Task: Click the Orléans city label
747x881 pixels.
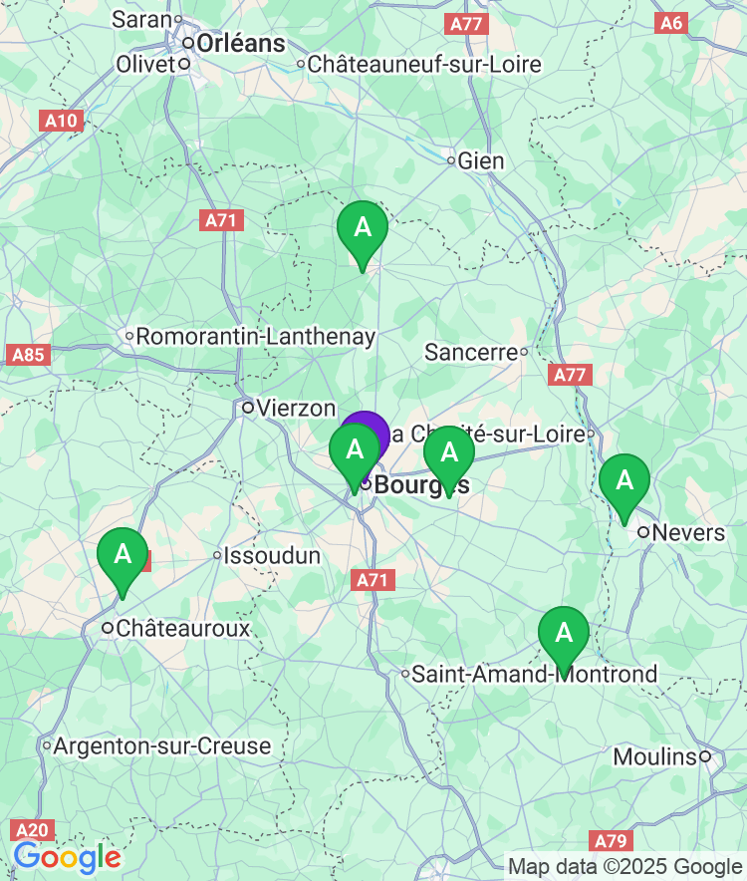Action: click(x=240, y=44)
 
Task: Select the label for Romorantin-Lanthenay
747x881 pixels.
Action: click(x=255, y=337)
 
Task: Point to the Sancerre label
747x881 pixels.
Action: click(x=471, y=352)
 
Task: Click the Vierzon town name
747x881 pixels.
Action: click(x=295, y=408)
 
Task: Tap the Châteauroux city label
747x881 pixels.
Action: click(x=182, y=629)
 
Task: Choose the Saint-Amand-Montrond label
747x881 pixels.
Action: click(x=535, y=675)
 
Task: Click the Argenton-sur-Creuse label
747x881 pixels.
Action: click(x=161, y=746)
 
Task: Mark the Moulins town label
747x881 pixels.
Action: click(x=654, y=757)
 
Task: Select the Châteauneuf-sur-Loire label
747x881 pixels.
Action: click(x=424, y=65)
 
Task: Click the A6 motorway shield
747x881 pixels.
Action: click(x=671, y=23)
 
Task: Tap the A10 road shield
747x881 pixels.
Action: click(x=61, y=121)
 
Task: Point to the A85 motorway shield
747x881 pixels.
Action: click(x=29, y=354)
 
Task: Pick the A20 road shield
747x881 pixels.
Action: click(x=31, y=830)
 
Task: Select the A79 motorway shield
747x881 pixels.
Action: click(x=611, y=841)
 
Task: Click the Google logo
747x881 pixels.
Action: click(x=67, y=857)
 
